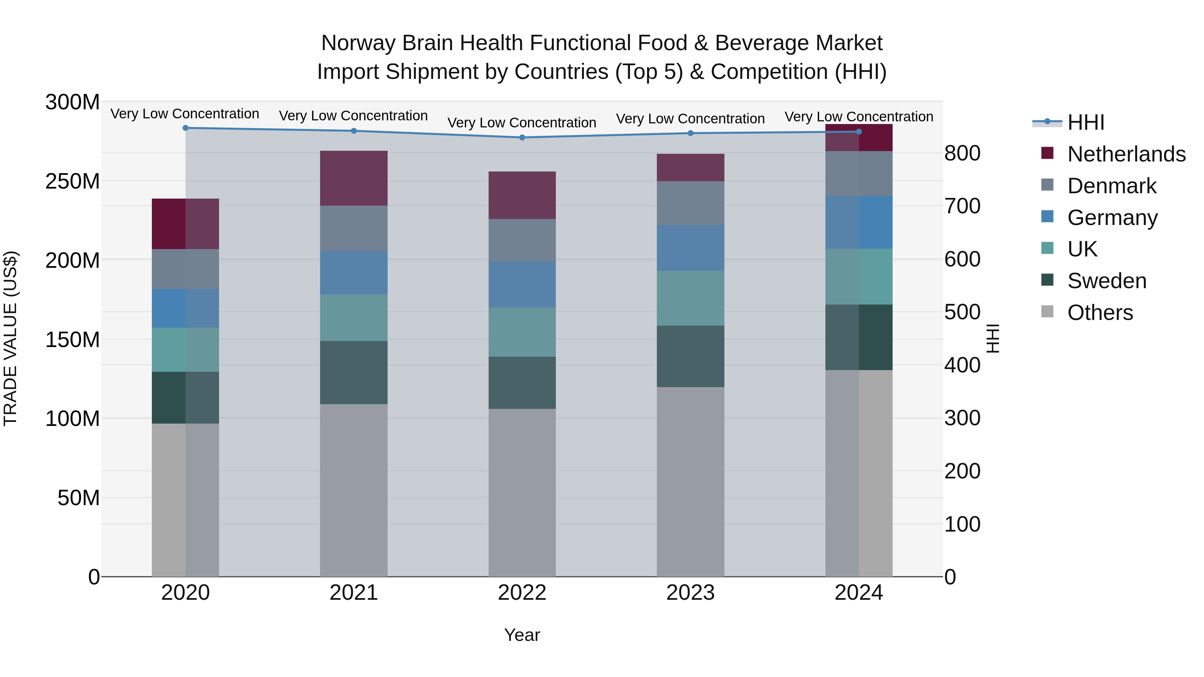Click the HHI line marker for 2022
[522, 137]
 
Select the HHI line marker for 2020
[186, 128]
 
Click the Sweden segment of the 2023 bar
[690, 356]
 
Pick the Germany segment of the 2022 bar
[522, 284]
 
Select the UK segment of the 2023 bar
[690, 298]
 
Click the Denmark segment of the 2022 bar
[522, 240]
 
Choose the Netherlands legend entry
[1125, 154]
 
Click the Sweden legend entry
[1106, 281]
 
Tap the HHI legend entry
[1085, 122]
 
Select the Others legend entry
[1099, 313]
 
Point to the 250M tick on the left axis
[73, 181]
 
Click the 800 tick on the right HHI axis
[962, 153]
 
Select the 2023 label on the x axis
[690, 593]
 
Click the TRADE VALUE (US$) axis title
[10, 338]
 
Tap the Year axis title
[522, 635]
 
